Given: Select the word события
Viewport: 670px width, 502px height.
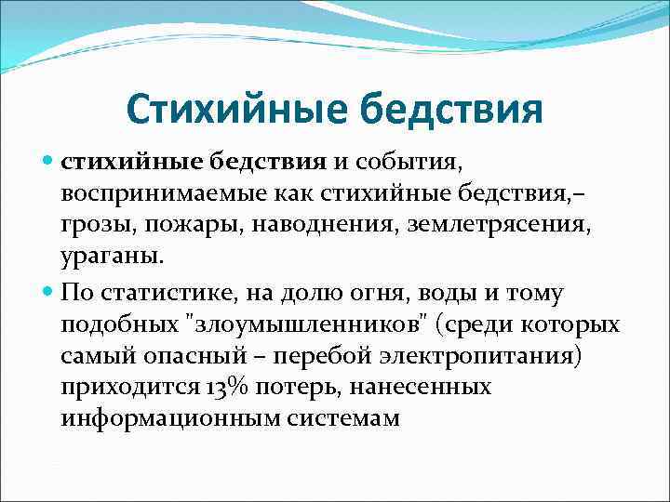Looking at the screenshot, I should [409, 163].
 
